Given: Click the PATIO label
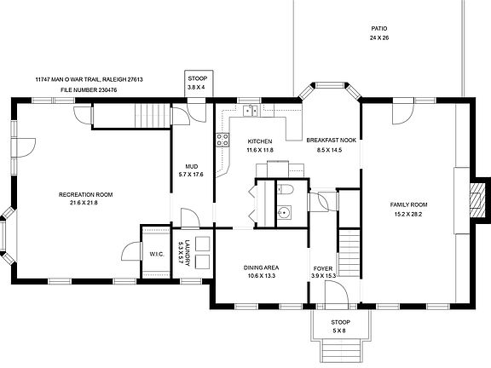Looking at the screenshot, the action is pos(378,29).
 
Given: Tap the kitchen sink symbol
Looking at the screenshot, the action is pos(251,111).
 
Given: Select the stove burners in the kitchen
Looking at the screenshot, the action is pos(222,140).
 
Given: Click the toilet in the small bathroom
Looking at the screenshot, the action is pos(285,189).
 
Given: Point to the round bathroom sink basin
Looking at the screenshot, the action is pos(284,212).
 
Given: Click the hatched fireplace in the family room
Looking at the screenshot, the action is pos(477,200).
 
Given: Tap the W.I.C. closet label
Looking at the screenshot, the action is pos(157,254).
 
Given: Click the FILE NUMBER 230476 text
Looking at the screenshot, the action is pos(89,90).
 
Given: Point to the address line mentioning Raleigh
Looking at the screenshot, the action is pos(89,79).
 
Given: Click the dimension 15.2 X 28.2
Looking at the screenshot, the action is pos(408,214).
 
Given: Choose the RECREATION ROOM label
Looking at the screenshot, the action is pos(85,194).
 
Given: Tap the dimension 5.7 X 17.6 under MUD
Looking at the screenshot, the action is pos(191,175).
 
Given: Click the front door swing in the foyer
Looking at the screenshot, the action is pos(337,292).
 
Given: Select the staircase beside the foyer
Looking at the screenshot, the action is pos(349,253).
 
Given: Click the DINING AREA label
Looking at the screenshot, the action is pos(261,267).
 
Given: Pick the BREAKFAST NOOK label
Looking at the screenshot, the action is pos(332,141).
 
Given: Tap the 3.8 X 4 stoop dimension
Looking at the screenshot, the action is pos(196,87).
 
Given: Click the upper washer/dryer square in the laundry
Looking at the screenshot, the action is pos(202,244).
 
